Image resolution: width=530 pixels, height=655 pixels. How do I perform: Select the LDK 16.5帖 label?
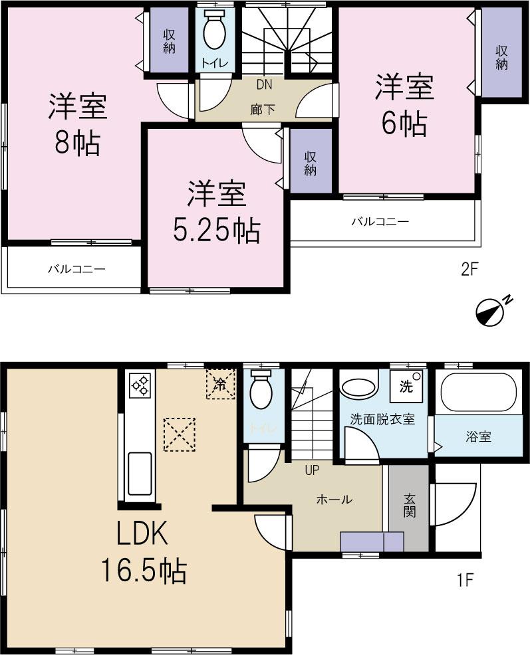click(x=143, y=551)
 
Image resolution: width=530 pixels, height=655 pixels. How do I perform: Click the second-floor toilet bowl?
click(x=215, y=32)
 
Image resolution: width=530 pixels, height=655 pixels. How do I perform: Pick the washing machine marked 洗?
click(x=405, y=386)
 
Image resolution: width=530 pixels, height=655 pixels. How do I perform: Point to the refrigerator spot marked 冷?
click(x=220, y=383)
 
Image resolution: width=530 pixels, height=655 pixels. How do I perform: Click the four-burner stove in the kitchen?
click(x=140, y=385)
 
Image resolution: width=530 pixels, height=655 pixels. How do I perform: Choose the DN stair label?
click(x=264, y=85)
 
